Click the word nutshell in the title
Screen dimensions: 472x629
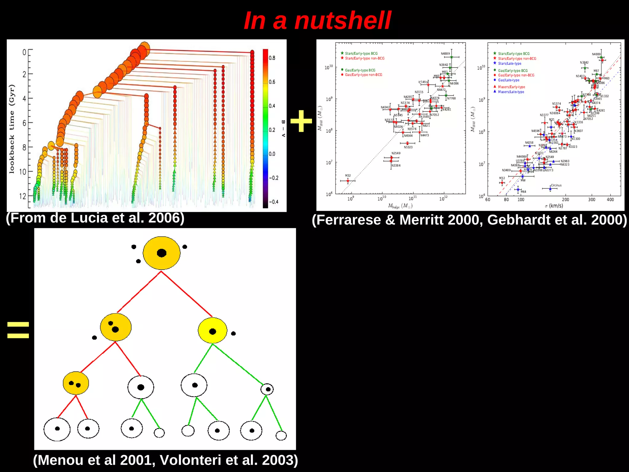(342, 21)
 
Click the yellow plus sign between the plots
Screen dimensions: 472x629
(301, 121)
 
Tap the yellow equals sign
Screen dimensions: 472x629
(18, 330)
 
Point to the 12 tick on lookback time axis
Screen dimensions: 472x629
(22, 196)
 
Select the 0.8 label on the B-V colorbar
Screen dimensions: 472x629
(272, 58)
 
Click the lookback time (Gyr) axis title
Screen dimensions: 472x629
(12, 129)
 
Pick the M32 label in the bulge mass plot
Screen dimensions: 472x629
(348, 176)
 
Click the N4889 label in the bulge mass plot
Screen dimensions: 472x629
(445, 54)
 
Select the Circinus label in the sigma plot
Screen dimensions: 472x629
(556, 185)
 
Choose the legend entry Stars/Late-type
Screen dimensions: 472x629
(510, 64)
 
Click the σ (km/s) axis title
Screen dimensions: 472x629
(554, 205)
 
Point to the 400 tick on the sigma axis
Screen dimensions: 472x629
(610, 200)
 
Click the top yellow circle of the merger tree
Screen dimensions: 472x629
(162, 253)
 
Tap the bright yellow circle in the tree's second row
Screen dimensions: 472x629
(213, 331)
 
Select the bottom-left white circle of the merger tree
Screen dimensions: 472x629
(57, 429)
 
